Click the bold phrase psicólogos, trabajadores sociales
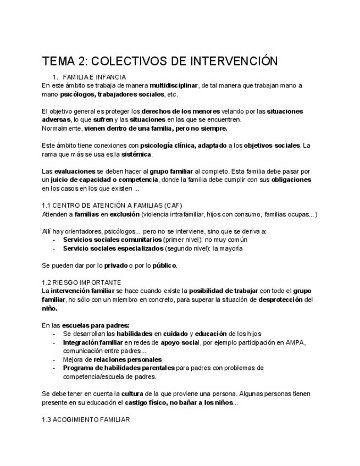point(105,94)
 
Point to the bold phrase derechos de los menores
point(185,111)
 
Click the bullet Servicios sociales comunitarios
point(113,240)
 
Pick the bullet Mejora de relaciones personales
point(113,359)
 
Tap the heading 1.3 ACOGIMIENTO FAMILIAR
point(85,420)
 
